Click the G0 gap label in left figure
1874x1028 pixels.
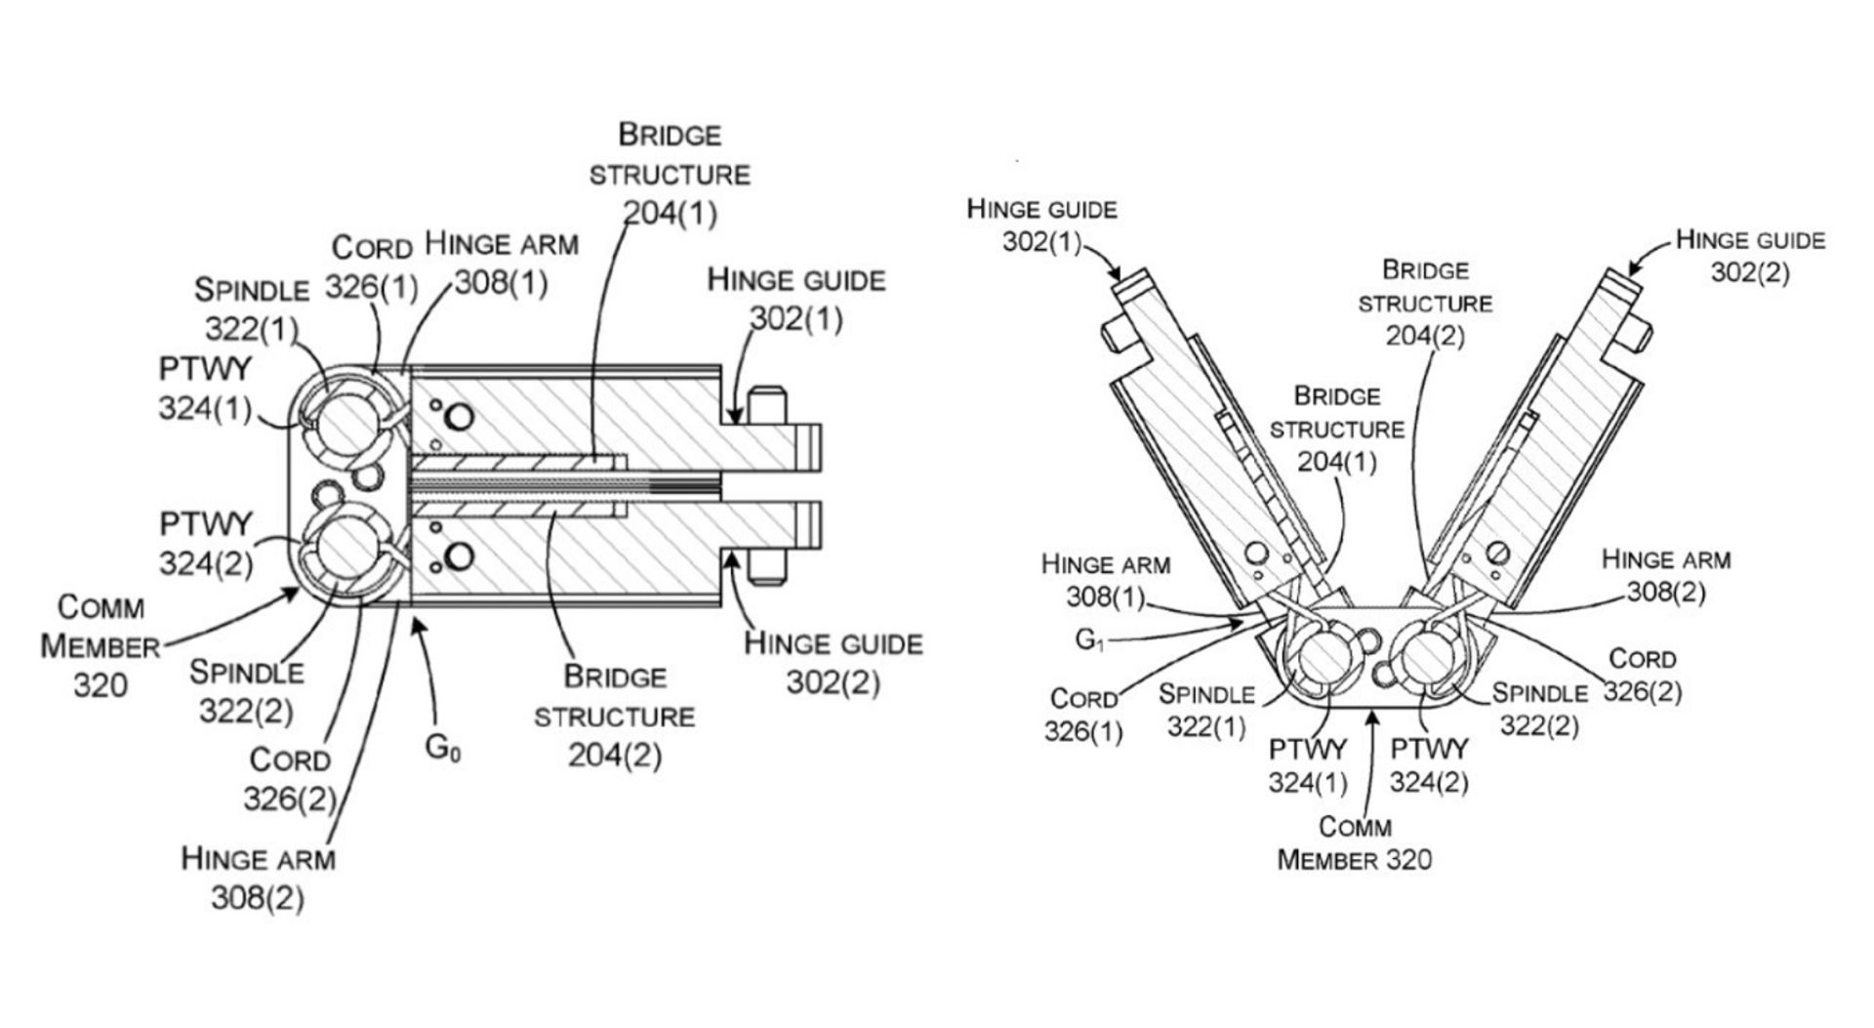click(x=442, y=749)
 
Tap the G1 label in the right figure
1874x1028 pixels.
click(x=1089, y=639)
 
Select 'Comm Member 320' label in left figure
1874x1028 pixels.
click(x=100, y=646)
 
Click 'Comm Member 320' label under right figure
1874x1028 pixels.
click(x=1354, y=843)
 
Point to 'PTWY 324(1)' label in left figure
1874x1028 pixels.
click(x=205, y=389)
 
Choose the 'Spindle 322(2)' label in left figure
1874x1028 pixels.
click(x=246, y=691)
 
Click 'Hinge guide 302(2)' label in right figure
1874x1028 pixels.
click(x=1750, y=256)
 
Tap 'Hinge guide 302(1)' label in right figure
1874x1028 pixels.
click(x=1041, y=225)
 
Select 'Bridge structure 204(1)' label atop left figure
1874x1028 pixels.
click(x=670, y=175)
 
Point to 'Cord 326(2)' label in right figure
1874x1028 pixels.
click(x=1643, y=675)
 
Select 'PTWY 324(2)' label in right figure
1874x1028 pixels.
click(x=1429, y=765)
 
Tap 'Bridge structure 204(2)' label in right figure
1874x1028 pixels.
click(x=1425, y=302)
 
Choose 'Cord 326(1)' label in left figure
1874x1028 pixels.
click(x=372, y=267)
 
